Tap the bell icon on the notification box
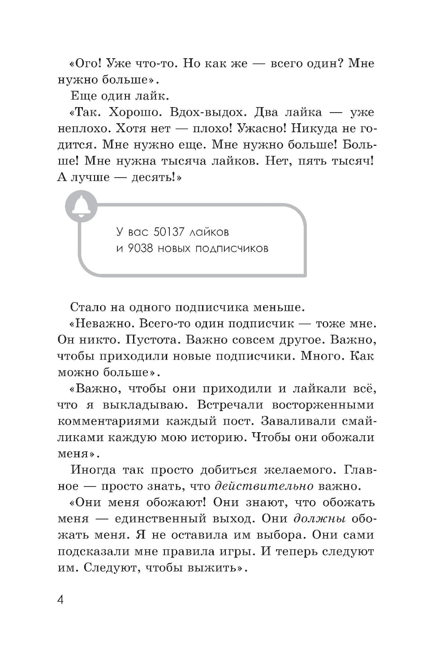(82, 205)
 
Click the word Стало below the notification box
(87, 308)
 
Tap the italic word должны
(319, 519)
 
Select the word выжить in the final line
(216, 568)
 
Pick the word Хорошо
(130, 112)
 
